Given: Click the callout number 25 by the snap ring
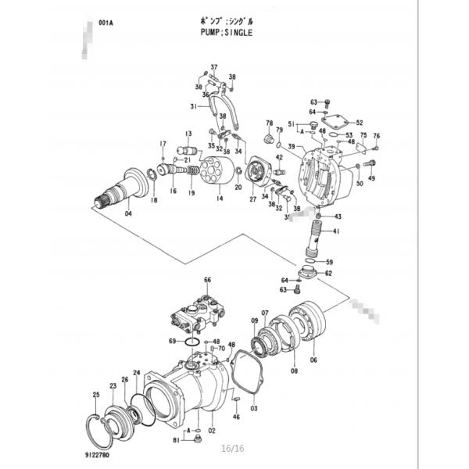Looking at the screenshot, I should coord(96,396).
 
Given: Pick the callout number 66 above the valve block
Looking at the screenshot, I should coord(208,280).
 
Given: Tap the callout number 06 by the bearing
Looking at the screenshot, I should coord(313,360).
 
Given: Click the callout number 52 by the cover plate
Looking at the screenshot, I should coord(360,123).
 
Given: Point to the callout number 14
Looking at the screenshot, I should coord(220,199).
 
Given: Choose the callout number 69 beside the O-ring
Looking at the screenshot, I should coord(172,341).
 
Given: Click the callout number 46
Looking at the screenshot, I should coord(236,417).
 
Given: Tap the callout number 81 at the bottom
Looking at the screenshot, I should coord(177,441).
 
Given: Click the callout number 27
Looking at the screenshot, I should coord(253,200).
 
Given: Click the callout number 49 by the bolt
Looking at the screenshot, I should coord(372,178).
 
